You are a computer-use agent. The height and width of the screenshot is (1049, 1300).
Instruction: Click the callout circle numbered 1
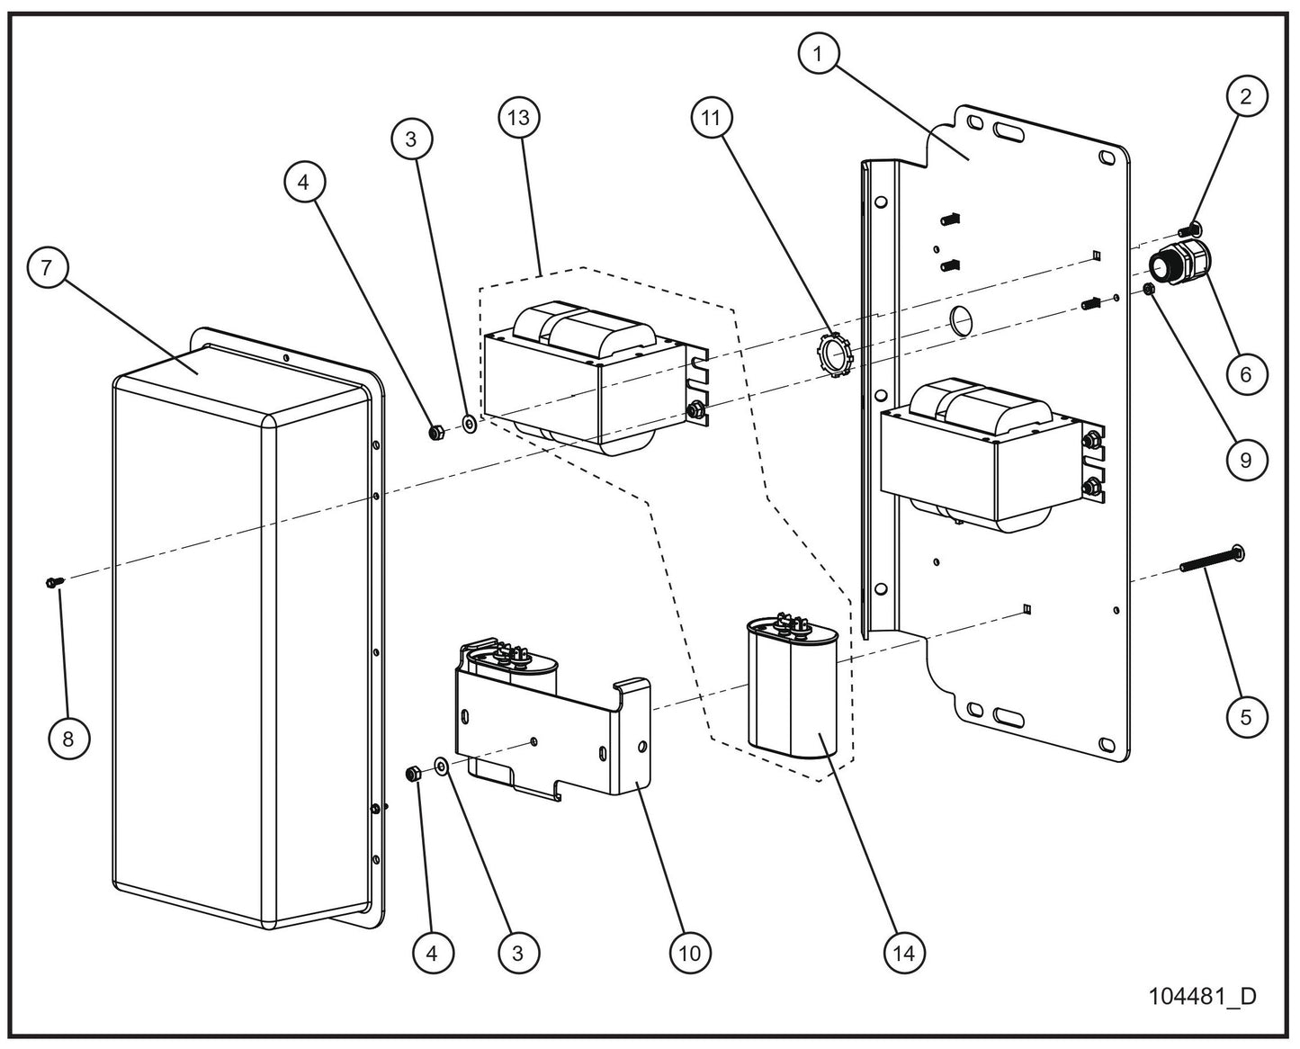tap(817, 53)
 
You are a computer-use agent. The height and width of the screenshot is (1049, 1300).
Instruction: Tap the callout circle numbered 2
tap(1245, 97)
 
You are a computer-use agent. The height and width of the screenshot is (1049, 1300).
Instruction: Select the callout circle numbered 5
tap(1245, 716)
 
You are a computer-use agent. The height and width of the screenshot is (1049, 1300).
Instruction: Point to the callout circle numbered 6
tap(1245, 372)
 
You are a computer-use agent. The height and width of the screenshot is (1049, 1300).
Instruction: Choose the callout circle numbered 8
tap(68, 738)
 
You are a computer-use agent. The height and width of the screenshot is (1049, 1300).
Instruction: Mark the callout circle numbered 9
tap(1245, 461)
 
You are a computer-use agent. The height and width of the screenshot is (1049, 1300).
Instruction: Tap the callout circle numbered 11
tap(712, 118)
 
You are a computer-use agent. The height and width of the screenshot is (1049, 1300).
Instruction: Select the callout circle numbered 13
tap(519, 118)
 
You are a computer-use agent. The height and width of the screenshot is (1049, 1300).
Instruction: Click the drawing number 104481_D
tap(1201, 997)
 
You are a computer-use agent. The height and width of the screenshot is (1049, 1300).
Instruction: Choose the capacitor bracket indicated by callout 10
tap(549, 729)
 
